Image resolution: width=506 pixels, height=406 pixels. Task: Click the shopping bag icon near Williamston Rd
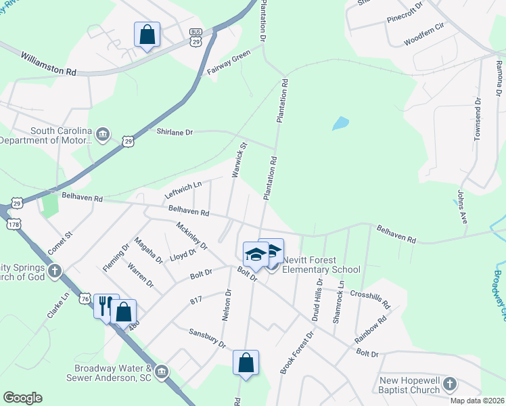pos(147,35)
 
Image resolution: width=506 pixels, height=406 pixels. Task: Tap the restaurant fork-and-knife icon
pos(105,307)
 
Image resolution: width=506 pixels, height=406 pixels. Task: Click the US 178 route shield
pos(12,224)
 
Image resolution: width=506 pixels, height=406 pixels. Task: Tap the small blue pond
pos(340,124)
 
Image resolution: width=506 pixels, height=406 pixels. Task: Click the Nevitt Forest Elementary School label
pos(321,265)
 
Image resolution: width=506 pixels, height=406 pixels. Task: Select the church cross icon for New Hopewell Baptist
pos(448,385)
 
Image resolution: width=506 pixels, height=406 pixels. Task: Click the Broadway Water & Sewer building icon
pos(161,371)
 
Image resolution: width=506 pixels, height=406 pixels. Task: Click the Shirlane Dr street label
pos(175,132)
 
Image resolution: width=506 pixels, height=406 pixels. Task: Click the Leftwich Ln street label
pos(183,189)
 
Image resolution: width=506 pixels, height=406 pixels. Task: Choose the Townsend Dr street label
pos(478,120)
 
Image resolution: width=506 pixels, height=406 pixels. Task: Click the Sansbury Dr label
pos(206,338)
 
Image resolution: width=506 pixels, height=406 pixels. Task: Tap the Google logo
pos(23,398)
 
